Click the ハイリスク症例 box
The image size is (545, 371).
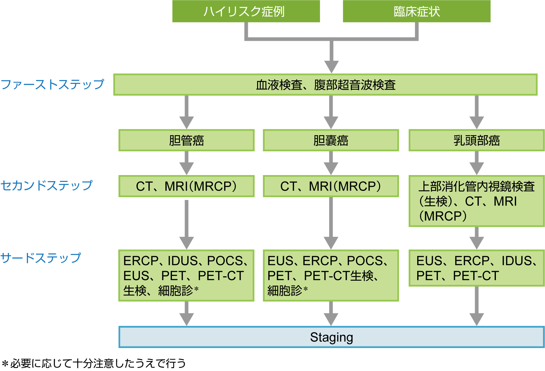(x=246, y=12)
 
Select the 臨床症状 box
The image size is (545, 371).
(x=417, y=12)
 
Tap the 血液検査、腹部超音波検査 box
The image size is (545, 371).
(x=325, y=85)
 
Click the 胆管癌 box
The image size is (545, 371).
(x=187, y=140)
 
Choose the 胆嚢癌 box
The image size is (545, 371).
(x=331, y=140)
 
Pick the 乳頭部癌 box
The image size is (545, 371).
(x=476, y=140)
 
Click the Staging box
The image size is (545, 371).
(x=331, y=337)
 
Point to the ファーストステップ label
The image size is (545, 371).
(x=52, y=84)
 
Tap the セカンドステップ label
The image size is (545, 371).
(x=47, y=185)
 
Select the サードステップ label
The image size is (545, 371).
(x=41, y=258)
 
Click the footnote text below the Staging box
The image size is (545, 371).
(x=94, y=363)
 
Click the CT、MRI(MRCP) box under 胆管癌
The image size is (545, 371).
(x=187, y=186)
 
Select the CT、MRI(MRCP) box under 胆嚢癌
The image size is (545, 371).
(x=331, y=186)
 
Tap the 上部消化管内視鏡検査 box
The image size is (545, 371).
(x=476, y=201)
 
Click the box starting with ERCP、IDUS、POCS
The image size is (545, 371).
(x=187, y=275)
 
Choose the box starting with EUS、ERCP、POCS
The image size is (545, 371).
(x=331, y=275)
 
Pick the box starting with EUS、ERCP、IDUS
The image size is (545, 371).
(x=476, y=268)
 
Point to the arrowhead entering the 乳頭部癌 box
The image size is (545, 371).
(x=477, y=122)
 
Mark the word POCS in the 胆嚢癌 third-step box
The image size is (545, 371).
(x=365, y=261)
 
